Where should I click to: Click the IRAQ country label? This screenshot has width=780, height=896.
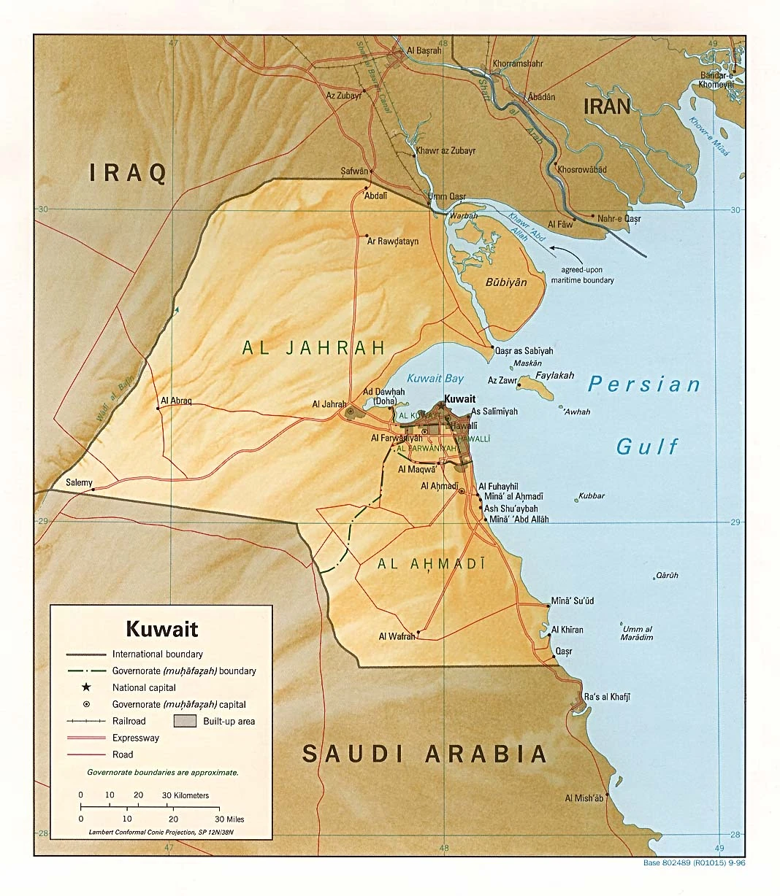[128, 173]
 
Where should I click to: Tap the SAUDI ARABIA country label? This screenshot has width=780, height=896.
[424, 754]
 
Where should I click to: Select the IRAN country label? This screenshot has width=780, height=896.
[607, 107]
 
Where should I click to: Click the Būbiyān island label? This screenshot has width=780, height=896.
[506, 282]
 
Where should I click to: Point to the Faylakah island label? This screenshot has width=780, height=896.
[555, 376]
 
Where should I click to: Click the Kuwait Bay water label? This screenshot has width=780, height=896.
[435, 378]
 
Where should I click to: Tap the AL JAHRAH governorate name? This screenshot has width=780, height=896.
[314, 347]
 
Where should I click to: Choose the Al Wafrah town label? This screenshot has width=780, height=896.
[397, 637]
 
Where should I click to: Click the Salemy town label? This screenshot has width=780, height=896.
[79, 482]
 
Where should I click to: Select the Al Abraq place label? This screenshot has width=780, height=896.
[176, 401]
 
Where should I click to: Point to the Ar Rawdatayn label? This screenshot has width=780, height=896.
[393, 242]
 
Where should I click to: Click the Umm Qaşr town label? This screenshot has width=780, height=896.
[446, 197]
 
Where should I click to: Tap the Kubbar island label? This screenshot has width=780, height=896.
[592, 496]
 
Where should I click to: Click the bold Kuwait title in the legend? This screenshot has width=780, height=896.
[162, 628]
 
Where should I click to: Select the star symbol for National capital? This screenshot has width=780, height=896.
[86, 687]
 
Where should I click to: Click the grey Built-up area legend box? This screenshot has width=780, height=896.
[185, 722]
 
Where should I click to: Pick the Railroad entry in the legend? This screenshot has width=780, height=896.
[129, 721]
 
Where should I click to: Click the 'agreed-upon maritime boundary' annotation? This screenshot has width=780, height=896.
[582, 275]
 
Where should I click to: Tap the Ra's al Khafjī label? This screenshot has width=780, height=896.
[607, 697]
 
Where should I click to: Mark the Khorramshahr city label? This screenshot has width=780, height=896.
[518, 63]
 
